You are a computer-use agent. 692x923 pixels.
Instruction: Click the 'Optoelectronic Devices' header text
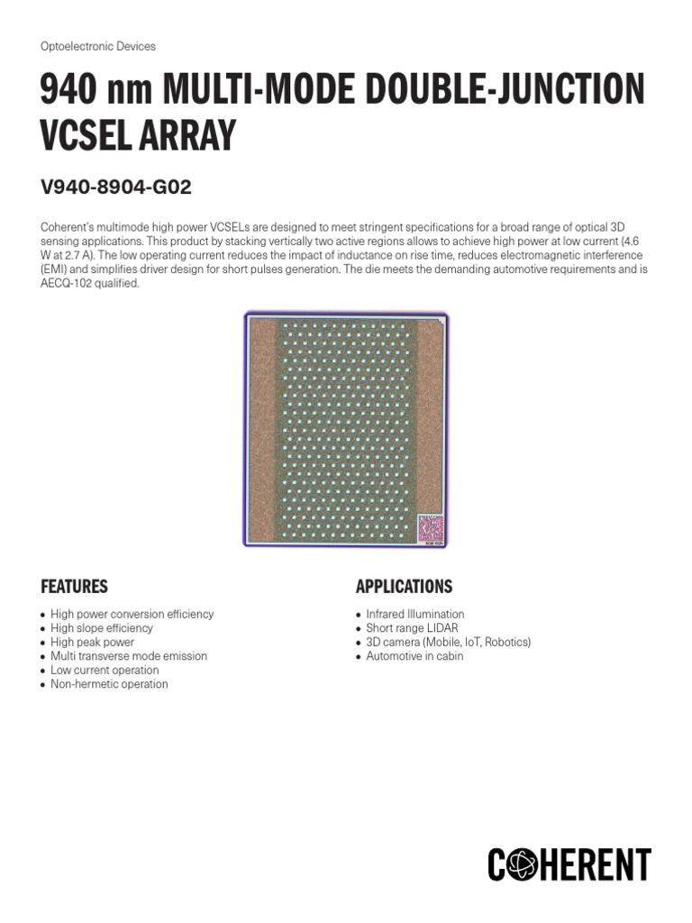[98, 46]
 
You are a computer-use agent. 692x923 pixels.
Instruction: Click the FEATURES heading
[74, 587]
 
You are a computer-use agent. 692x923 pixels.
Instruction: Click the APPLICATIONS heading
[404, 587]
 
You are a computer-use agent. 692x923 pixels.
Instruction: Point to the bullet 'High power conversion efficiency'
[132, 614]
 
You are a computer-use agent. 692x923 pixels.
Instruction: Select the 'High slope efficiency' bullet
[101, 628]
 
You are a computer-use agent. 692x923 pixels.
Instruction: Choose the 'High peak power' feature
[92, 642]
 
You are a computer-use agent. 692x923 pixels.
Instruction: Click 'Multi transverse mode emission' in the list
[128, 656]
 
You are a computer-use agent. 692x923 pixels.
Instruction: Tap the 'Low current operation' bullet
[104, 670]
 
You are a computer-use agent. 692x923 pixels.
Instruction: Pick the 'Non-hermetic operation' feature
[108, 684]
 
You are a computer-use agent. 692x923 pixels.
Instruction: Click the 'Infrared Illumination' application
[414, 614]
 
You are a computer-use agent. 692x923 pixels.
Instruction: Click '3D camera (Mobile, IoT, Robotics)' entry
[448, 642]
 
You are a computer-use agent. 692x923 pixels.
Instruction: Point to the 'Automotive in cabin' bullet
[414, 656]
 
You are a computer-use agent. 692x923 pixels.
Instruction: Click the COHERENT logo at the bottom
[569, 864]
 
